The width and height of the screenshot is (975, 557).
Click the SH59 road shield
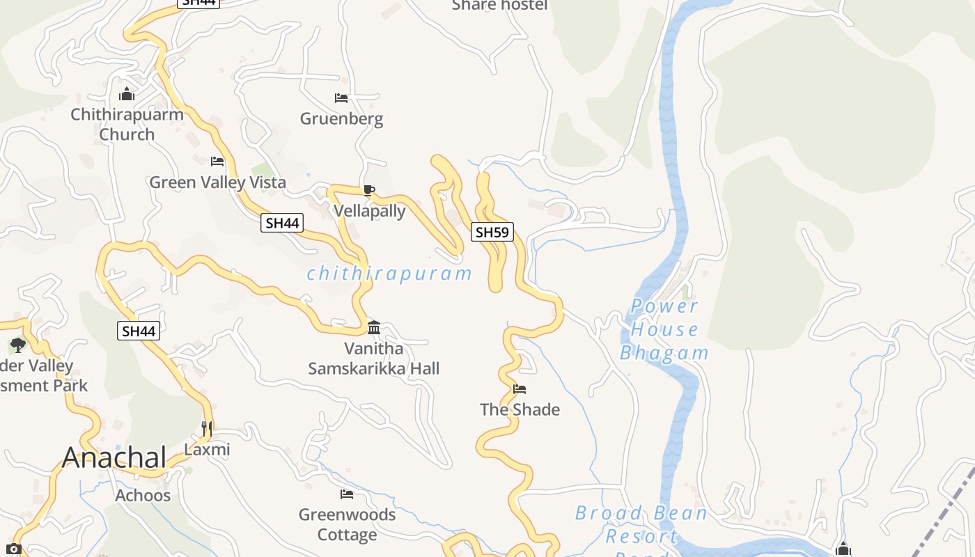492,232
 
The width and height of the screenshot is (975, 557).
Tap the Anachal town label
114,457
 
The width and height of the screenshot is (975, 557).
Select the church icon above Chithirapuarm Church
127,93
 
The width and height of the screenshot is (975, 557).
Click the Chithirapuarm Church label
127,124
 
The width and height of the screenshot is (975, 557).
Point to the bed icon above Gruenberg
341,98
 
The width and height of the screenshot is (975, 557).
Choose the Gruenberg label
341,119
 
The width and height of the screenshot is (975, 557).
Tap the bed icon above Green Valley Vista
217,162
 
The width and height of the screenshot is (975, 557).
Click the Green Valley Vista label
217,182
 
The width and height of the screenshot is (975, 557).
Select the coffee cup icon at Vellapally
369,190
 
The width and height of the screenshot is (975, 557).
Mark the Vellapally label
369,211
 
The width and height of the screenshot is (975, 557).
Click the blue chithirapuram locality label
389,274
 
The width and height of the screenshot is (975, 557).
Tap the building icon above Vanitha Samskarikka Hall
374,327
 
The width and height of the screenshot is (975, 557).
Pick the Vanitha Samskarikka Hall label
374,358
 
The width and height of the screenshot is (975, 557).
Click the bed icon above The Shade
520,389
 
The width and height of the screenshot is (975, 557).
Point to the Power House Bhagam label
664,329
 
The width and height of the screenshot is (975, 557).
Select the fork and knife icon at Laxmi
207,428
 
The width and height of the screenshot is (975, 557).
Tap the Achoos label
143,496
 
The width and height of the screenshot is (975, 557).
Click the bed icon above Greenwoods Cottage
347,494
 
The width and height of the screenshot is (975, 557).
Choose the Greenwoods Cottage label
347,524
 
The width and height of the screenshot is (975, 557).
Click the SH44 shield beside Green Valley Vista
282,223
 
